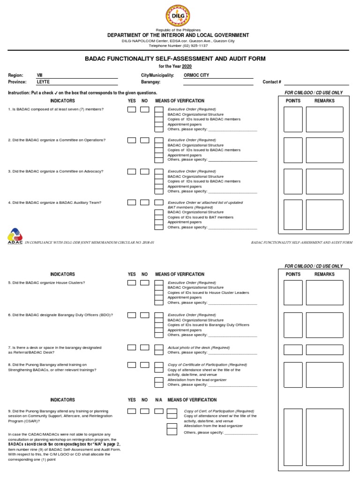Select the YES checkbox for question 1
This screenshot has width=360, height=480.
click(x=132, y=110)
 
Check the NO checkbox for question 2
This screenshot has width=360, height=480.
click(x=145, y=140)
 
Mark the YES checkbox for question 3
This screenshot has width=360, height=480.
click(x=132, y=172)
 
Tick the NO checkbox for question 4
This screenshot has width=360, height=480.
click(x=145, y=202)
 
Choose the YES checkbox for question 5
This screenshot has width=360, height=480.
click(x=132, y=283)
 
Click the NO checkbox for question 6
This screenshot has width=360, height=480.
click(x=145, y=315)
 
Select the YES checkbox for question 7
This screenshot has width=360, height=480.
click(x=132, y=347)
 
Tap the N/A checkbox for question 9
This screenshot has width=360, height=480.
click(x=158, y=411)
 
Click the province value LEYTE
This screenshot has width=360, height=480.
click(x=43, y=82)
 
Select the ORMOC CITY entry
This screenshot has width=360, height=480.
click(x=196, y=75)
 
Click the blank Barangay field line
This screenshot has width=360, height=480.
click(x=218, y=84)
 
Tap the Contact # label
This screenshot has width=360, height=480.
click(x=272, y=82)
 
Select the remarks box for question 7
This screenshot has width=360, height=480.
click(x=324, y=350)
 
